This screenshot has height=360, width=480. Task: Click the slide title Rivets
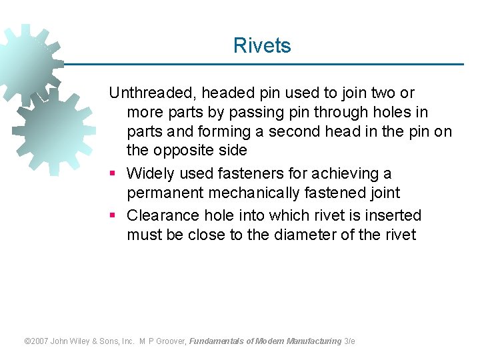point(262,46)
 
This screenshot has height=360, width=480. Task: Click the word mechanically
point(267,193)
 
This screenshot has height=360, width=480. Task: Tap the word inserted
point(394,215)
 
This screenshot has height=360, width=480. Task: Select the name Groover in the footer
point(171,341)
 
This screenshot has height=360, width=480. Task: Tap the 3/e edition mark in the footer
point(350,341)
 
